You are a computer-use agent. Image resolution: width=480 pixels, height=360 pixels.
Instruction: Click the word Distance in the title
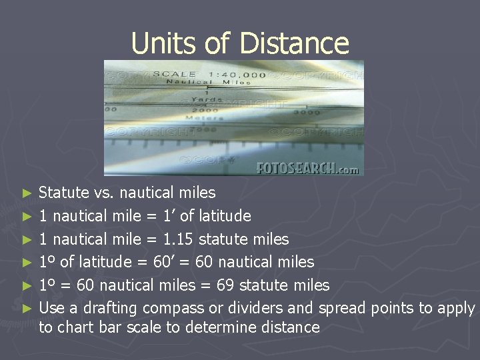(293, 43)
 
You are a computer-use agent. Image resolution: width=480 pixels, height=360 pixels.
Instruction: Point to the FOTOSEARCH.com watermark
(307, 169)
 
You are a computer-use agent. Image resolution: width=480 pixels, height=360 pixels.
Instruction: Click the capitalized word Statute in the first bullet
(64, 193)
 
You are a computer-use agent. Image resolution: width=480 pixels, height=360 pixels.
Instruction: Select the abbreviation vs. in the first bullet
(105, 193)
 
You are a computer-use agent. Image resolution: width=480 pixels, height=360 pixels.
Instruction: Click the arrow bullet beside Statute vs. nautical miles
(27, 193)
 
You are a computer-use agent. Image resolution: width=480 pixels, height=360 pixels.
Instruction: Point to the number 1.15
(180, 239)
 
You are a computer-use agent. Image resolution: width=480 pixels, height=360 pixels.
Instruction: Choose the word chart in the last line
(74, 327)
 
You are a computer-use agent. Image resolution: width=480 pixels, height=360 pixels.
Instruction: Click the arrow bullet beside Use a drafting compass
(27, 309)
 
